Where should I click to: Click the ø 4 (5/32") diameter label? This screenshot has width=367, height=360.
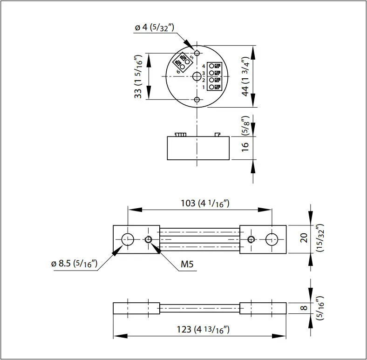155,28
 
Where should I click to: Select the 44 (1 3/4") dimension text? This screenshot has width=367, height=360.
246,76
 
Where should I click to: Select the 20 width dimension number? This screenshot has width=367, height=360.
304,239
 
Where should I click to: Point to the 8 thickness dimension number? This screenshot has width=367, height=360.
304,308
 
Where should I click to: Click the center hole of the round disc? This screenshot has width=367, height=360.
197,76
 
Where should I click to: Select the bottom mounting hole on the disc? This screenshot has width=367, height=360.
197,100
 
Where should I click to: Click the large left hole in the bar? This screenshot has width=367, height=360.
128,239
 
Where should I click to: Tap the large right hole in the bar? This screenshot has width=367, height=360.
272,239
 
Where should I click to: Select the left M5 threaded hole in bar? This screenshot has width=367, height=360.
148,239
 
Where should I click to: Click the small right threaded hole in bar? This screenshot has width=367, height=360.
251,239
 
